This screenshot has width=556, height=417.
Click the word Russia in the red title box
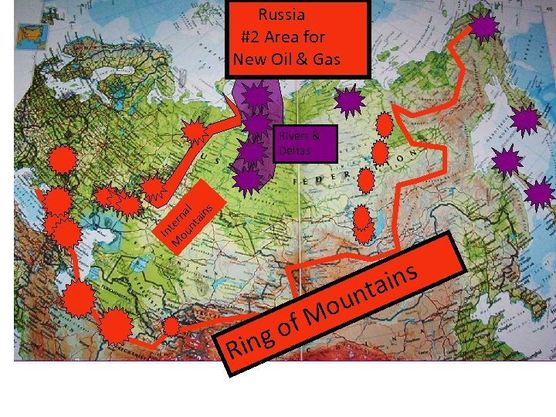[x=282, y=15]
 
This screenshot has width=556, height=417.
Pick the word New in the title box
[x=250, y=59]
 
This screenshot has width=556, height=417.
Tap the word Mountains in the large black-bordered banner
[x=363, y=297]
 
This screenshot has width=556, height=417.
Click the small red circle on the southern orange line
[x=171, y=327]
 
